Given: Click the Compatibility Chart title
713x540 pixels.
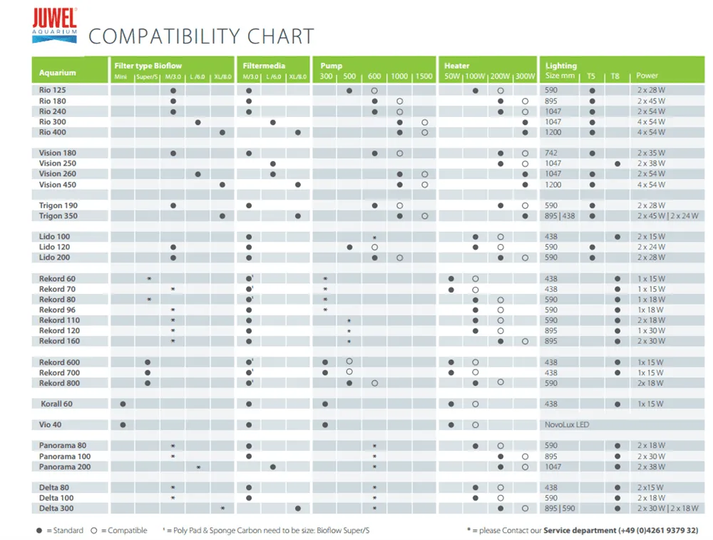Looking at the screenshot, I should click(x=200, y=36).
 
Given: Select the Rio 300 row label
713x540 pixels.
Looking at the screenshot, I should click(x=53, y=122).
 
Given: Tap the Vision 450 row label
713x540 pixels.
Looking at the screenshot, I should click(x=58, y=185).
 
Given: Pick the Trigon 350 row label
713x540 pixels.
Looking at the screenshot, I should click(x=58, y=215).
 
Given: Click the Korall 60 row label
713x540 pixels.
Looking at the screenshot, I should click(x=56, y=404).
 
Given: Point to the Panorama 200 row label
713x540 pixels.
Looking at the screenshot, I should click(x=65, y=467).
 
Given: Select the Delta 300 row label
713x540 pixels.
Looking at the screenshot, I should click(x=56, y=509).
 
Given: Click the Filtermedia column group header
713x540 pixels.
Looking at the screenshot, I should click(x=263, y=66).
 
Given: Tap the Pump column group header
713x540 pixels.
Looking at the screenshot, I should click(x=332, y=66).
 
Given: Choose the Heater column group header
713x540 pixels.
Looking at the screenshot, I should click(x=457, y=66).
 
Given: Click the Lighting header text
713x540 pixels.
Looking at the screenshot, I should click(x=561, y=66).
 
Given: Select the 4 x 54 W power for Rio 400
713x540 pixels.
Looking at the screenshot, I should click(x=651, y=133).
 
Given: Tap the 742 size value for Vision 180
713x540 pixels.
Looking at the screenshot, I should click(x=551, y=153).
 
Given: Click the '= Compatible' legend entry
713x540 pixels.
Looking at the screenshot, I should click(x=120, y=530).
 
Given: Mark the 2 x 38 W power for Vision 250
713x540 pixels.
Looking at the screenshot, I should click(x=651, y=164).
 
